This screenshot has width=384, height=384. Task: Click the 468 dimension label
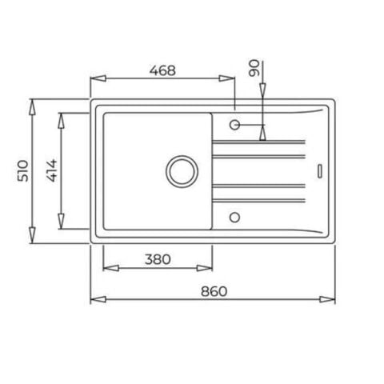point(162,70)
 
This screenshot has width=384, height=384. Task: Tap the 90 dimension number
point(254,68)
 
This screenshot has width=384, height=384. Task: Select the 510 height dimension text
point(23,171)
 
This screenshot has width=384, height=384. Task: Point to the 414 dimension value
point(52,170)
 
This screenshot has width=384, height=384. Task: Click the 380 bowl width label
point(158,259)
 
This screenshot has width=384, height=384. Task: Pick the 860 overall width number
point(214,291)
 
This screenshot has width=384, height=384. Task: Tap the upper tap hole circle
point(234,125)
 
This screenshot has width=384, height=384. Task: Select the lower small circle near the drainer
point(234,218)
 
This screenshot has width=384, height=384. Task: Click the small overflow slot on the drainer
point(320,171)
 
